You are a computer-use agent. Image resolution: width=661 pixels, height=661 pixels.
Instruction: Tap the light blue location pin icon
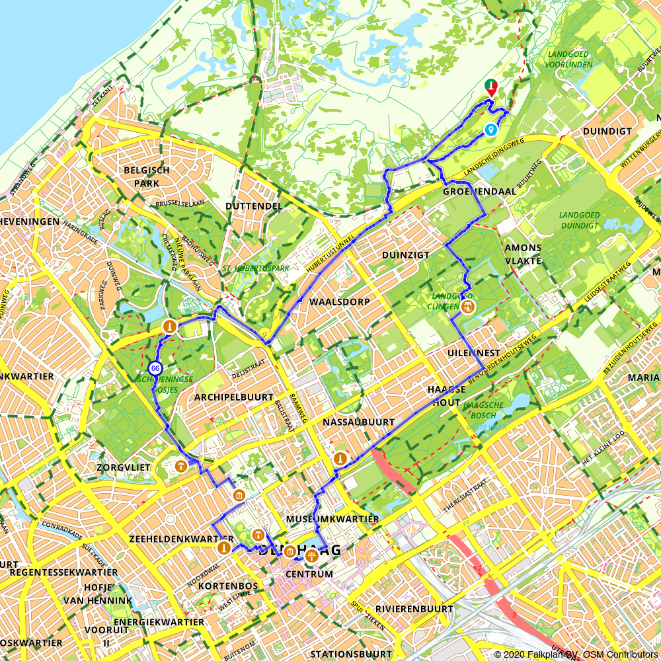[490, 130]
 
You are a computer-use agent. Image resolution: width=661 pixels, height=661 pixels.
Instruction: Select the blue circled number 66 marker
[155, 368]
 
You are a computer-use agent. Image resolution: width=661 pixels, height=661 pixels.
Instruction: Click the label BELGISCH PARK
[146, 176]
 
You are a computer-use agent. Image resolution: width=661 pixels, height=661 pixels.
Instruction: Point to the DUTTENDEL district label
[254, 206]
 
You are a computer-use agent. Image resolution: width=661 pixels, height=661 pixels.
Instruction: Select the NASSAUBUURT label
[359, 422]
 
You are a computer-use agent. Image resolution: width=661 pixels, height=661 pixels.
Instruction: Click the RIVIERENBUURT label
[414, 609]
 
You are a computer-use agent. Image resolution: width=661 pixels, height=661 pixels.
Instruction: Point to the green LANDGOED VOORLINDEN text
[570, 59]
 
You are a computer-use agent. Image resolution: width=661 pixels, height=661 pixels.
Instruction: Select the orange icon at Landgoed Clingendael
[468, 306]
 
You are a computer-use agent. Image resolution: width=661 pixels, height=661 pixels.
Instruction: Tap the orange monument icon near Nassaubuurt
[340, 457]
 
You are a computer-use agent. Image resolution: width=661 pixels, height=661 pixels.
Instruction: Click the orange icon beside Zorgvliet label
[179, 466]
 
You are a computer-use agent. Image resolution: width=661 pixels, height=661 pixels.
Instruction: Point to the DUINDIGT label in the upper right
[607, 132]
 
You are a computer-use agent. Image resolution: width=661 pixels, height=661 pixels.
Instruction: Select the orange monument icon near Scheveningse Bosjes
[170, 326]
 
